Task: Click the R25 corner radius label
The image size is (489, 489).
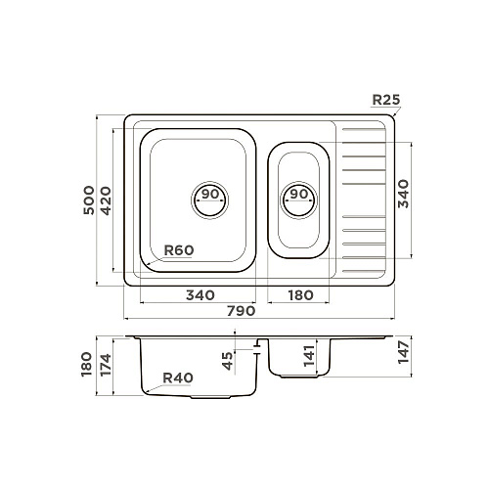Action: tap(386, 100)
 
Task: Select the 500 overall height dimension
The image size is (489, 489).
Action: tap(89, 200)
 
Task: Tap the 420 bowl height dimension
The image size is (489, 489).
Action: tap(106, 200)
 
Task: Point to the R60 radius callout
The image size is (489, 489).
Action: tap(179, 250)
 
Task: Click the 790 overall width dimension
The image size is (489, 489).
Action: tap(242, 311)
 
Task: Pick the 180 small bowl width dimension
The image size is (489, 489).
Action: tap(300, 295)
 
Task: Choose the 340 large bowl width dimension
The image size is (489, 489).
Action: tap(200, 295)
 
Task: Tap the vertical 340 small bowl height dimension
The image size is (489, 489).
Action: tap(403, 194)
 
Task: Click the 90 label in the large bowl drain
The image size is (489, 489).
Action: tap(210, 194)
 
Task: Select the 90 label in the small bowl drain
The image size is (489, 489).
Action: tap(299, 194)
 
